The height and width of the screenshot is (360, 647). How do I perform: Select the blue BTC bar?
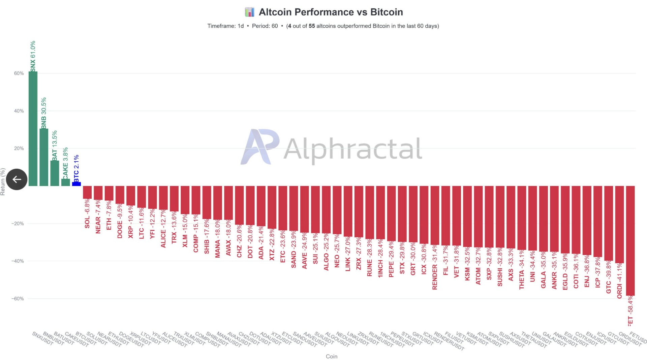[x=76, y=184]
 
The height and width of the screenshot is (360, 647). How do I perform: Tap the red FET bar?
[x=630, y=241]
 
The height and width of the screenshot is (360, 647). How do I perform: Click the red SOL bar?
[x=87, y=192]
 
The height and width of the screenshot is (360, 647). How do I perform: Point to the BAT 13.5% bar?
[x=55, y=173]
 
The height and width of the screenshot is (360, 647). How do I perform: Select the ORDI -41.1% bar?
[x=619, y=224]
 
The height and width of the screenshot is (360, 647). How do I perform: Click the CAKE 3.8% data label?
[x=65, y=163]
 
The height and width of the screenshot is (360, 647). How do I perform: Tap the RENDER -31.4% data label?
[x=435, y=267]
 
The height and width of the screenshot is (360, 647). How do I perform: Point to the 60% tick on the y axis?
[x=19, y=73]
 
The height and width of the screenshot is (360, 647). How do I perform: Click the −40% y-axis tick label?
[x=18, y=261]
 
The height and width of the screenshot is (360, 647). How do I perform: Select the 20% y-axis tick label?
[x=19, y=149]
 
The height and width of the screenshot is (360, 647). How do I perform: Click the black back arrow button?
[x=17, y=179]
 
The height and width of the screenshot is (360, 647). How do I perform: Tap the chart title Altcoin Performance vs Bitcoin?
[x=331, y=12]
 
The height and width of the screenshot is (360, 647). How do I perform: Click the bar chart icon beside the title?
[x=249, y=12]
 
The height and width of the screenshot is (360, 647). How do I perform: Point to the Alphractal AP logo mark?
[x=260, y=147]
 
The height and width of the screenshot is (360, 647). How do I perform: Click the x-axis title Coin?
[x=331, y=356]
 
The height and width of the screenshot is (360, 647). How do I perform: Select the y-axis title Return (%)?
[x=3, y=182]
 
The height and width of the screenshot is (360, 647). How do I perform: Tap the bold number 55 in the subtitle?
[x=312, y=26]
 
